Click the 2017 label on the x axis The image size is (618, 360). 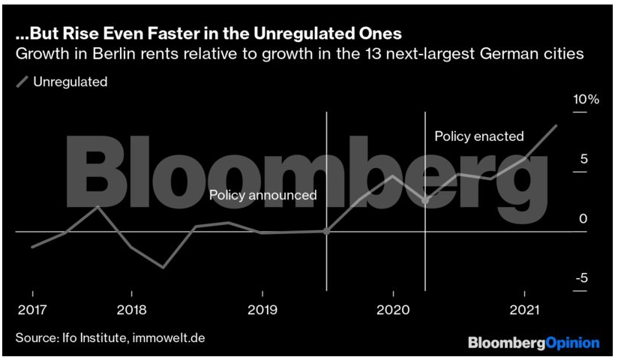point(31,310)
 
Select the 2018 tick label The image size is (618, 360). point(131,310)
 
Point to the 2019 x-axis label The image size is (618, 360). point(262,310)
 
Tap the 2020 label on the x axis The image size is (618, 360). point(391,310)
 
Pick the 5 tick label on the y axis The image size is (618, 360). point(583,159)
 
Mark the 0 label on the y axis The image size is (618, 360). point(582,219)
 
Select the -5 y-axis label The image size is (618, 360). point(582,278)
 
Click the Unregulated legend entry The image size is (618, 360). point(70,82)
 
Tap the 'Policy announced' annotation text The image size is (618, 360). point(262,195)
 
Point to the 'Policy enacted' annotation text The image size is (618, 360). point(479,136)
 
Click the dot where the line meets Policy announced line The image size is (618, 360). point(326,232)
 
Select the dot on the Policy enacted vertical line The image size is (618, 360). point(425,200)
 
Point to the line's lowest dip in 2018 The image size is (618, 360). point(163,267)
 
